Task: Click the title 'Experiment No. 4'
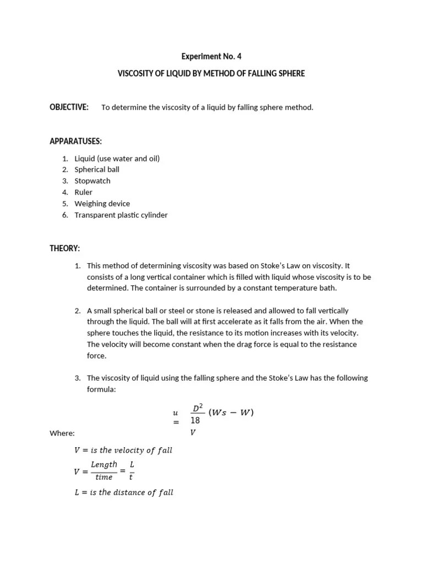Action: click(211, 56)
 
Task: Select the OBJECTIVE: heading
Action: click(69, 107)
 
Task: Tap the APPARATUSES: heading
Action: click(75, 142)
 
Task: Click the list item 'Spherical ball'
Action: click(97, 170)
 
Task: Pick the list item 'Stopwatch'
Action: click(93, 181)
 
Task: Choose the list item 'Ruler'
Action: click(84, 192)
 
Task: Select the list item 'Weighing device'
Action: click(102, 203)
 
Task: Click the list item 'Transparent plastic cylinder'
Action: click(121, 215)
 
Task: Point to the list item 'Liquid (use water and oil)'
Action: click(117, 158)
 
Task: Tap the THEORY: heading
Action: click(64, 249)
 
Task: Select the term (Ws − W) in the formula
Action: click(231, 413)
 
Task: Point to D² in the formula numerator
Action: click(197, 408)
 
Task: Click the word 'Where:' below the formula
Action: click(62, 433)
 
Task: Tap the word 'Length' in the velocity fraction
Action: click(104, 464)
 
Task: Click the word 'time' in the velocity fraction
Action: click(104, 478)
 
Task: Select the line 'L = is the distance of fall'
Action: click(124, 492)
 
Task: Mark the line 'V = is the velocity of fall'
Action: click(123, 450)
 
